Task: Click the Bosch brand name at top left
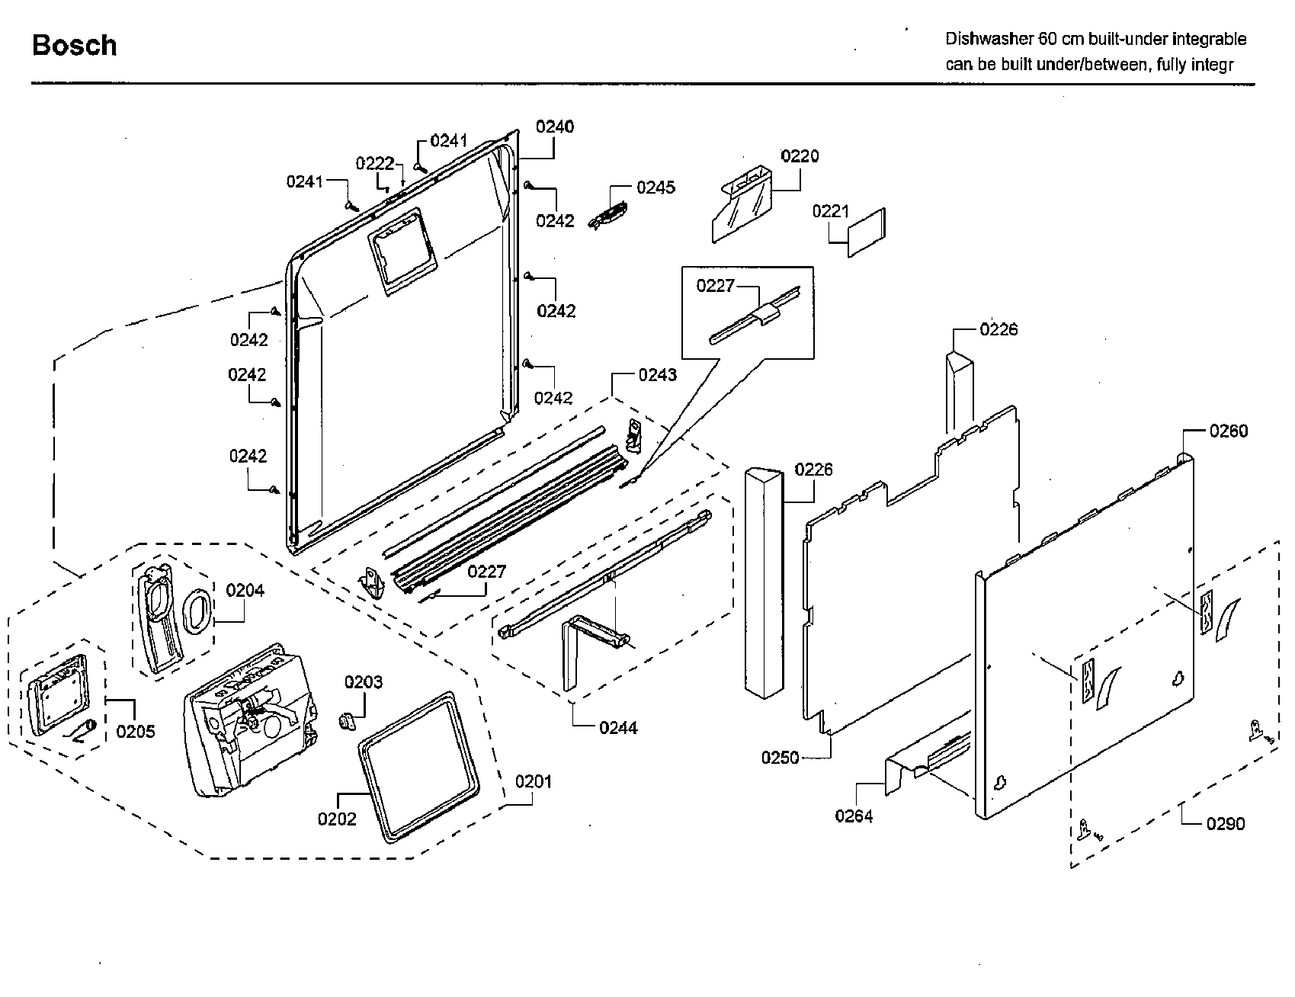74,46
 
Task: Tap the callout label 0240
555,127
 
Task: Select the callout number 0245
656,188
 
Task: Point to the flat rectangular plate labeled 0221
867,232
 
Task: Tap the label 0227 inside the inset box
715,286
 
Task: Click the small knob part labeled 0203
348,720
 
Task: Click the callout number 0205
136,732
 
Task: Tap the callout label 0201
534,781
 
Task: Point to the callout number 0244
618,728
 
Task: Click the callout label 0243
657,375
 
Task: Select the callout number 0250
780,758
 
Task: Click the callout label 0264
854,816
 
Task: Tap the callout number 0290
1225,823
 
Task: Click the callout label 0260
1228,431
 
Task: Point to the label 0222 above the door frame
375,164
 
